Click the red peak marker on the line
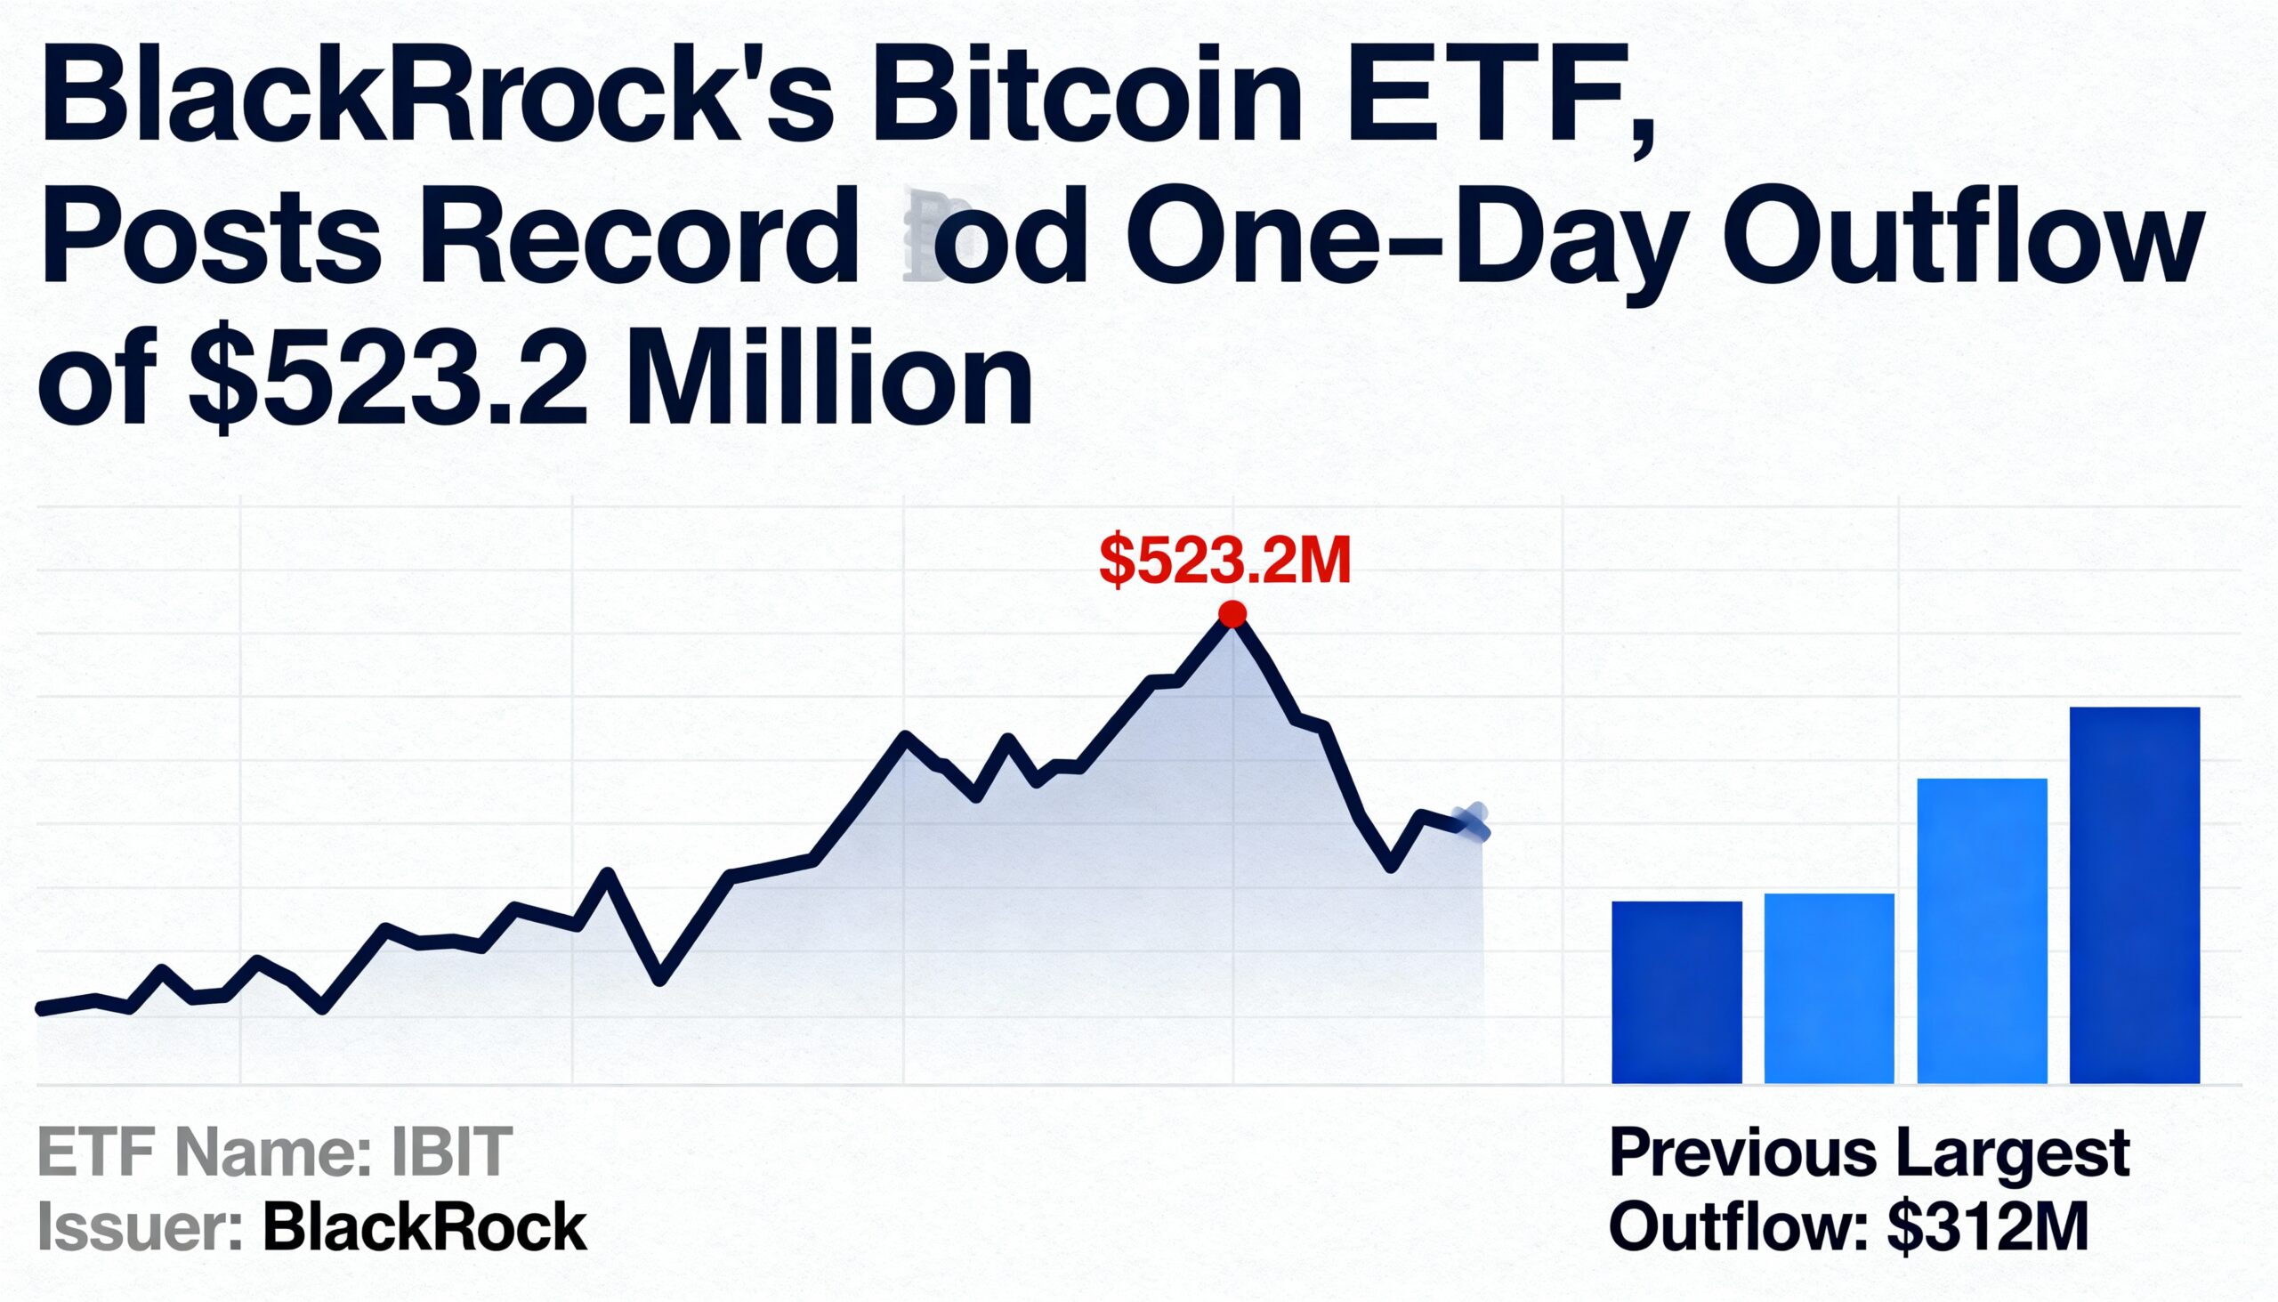pos(1232,614)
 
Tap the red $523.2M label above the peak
pos(1224,561)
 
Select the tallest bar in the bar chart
pos(2134,894)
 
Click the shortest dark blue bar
pos(1676,991)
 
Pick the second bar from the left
pos(1829,988)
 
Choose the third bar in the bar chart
pos(1982,930)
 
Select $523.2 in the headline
pos(389,380)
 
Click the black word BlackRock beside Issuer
pos(424,1227)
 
